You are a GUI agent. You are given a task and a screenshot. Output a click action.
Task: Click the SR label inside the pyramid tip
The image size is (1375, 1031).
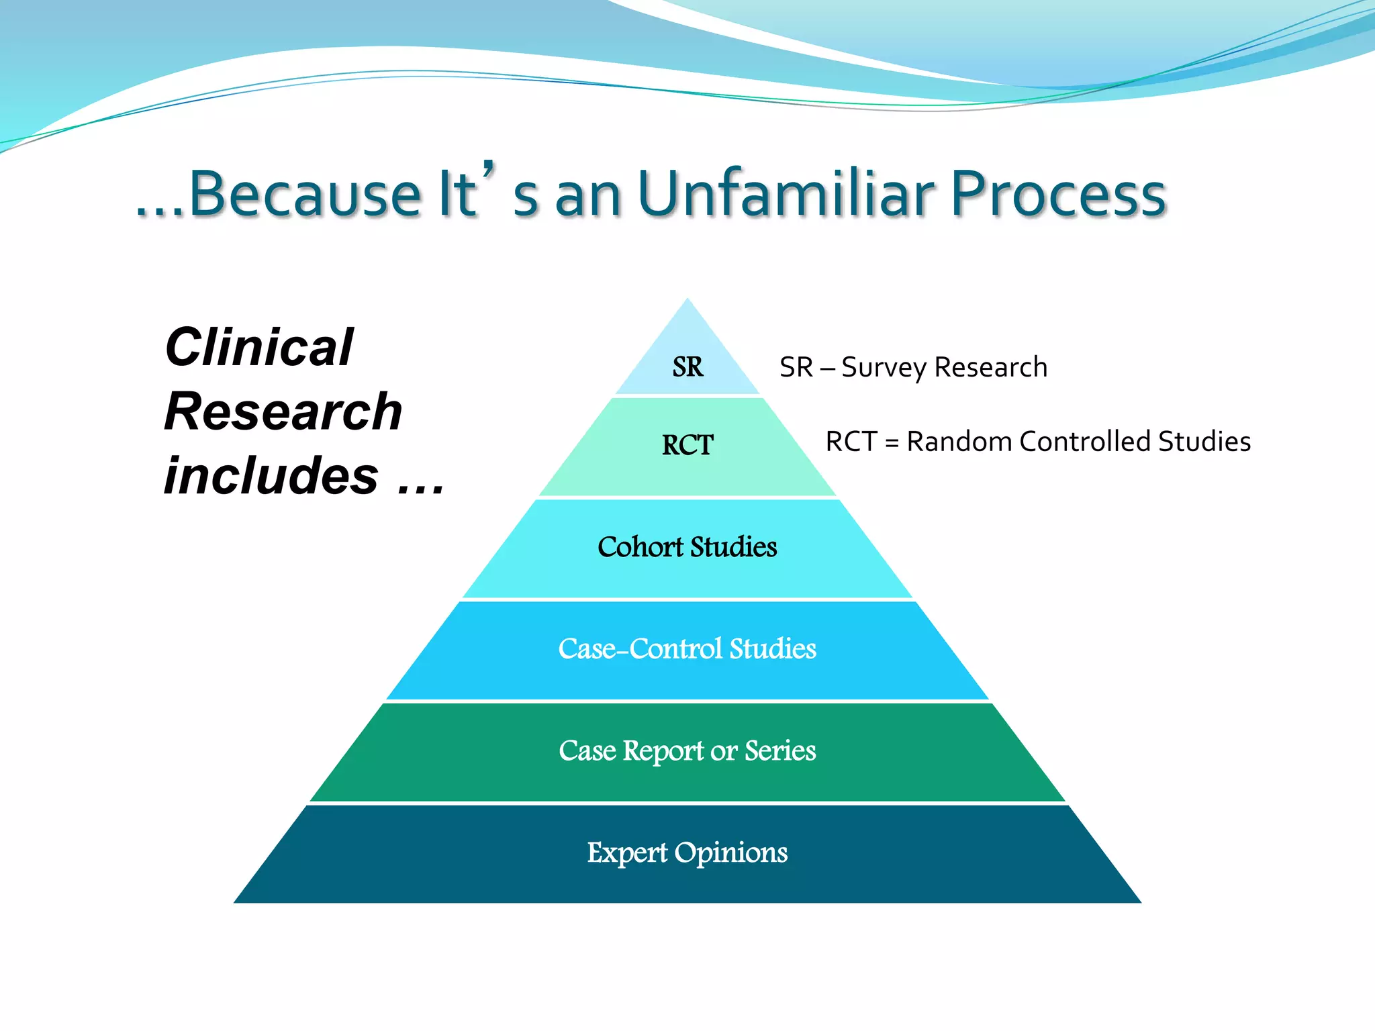tap(687, 367)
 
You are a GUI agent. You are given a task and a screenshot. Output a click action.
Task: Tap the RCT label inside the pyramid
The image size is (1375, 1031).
tap(687, 445)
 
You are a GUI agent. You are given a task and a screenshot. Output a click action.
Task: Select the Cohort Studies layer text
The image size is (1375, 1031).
tap(687, 547)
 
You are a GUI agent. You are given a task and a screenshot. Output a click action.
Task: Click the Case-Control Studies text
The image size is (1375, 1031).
tap(687, 649)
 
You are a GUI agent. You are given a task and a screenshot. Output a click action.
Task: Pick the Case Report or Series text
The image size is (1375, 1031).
tap(687, 750)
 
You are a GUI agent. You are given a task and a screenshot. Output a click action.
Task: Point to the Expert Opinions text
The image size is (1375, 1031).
tap(687, 853)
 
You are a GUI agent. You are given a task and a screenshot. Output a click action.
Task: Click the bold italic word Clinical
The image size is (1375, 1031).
tap(258, 347)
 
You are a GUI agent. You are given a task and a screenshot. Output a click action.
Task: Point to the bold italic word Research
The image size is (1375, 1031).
tap(283, 411)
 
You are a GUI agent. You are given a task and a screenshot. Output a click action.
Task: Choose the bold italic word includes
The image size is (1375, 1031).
tap(271, 475)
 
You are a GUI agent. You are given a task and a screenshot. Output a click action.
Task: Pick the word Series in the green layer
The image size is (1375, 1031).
tap(780, 750)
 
